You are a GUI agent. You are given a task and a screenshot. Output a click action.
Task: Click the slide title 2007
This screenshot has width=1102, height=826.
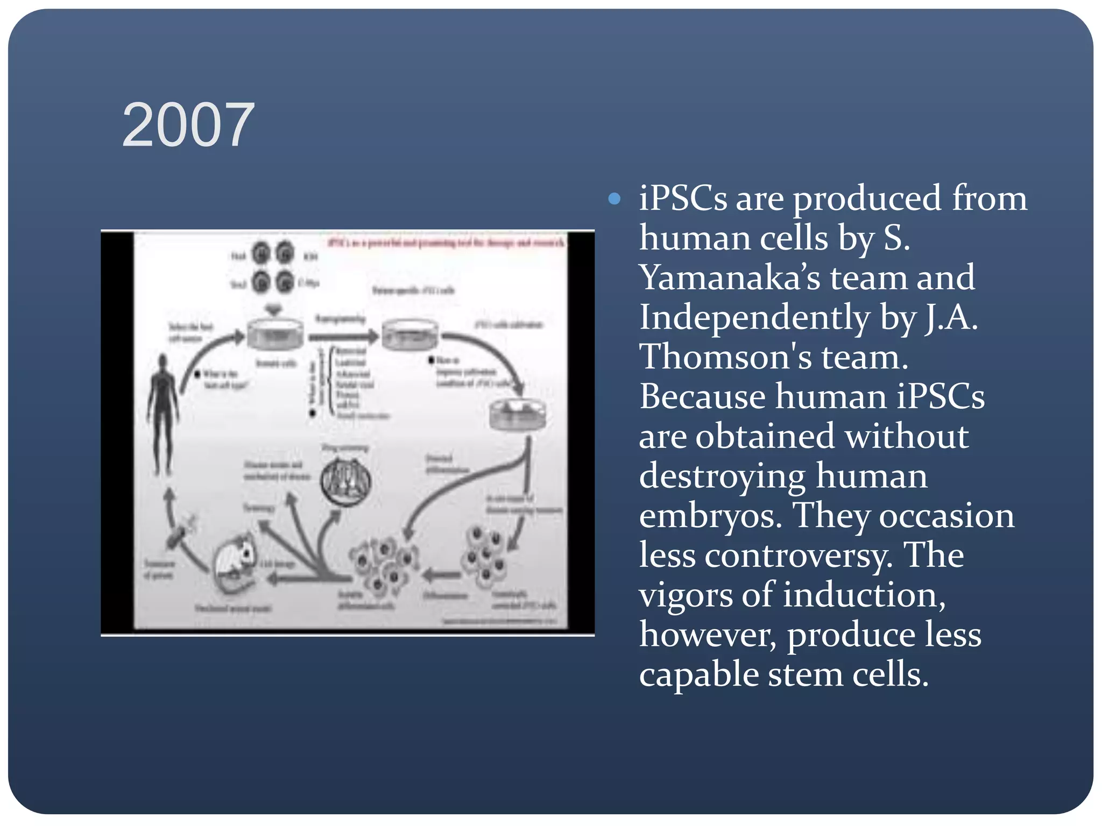click(x=188, y=125)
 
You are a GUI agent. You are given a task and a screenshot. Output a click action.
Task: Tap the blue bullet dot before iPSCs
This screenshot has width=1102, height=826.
click(x=614, y=200)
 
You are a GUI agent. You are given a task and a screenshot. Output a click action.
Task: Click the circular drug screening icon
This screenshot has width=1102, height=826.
click(x=346, y=480)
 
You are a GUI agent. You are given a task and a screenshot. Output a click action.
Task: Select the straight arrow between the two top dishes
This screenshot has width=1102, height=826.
click(x=343, y=337)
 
